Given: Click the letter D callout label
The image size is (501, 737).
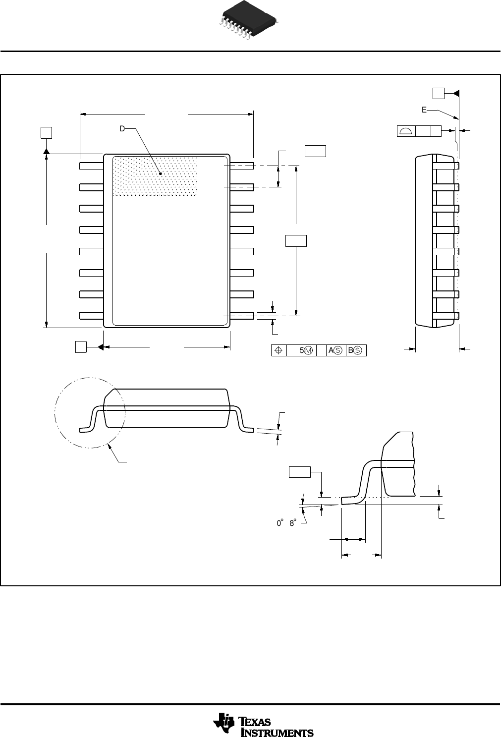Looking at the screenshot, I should [x=122, y=128].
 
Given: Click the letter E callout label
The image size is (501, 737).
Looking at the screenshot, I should [x=424, y=110].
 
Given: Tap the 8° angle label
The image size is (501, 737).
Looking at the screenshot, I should [x=292, y=523].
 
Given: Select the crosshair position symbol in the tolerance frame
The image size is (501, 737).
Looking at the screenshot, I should [x=278, y=350].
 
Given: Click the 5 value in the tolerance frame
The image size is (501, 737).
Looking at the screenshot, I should [x=301, y=350].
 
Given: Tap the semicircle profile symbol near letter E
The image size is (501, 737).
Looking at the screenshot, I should [x=406, y=131].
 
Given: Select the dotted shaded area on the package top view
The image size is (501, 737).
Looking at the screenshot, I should [x=155, y=176].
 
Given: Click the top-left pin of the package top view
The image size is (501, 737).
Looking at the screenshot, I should [x=91, y=166].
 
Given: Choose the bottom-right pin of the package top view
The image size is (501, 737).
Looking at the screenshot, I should [x=242, y=315].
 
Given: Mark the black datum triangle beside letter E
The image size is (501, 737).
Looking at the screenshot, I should [x=456, y=93].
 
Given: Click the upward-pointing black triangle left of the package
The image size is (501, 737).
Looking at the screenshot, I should [x=46, y=150].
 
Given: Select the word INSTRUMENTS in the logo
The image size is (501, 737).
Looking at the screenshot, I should [x=277, y=732].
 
